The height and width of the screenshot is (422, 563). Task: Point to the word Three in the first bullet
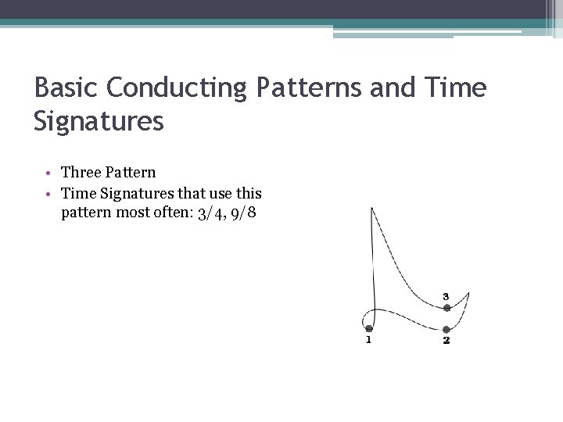[81, 172]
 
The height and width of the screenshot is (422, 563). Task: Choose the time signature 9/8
[241, 213]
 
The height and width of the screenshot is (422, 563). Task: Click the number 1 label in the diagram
[368, 340]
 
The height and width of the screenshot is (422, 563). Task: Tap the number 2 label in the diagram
[446, 341]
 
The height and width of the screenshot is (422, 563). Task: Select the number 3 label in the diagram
[446, 296]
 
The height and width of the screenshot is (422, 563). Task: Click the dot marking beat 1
[369, 329]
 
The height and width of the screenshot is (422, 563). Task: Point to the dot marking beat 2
[446, 330]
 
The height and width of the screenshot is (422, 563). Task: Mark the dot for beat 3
[446, 308]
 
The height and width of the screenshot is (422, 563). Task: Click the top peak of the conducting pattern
[371, 208]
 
